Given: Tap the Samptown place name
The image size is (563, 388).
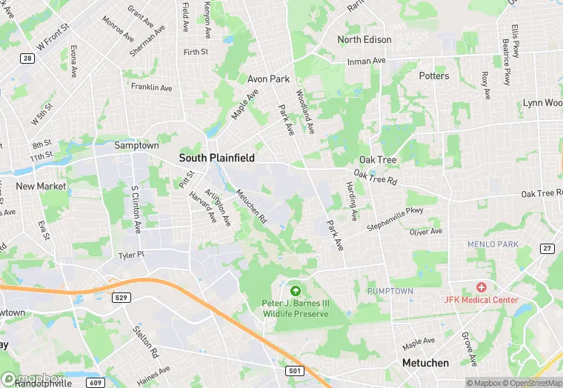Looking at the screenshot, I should tap(136, 146).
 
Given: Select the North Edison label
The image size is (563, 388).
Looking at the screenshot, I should tap(364, 40).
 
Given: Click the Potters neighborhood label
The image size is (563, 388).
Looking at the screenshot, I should tap(433, 76).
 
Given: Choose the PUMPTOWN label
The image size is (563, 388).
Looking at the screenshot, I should tap(390, 291).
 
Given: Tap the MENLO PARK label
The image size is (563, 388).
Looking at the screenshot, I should tap(491, 244).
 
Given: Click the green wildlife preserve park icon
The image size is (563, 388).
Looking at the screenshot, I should tap(296, 290).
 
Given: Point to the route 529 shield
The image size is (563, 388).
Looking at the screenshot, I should tap(122, 297).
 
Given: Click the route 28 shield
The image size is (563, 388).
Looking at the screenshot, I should tap(27, 58).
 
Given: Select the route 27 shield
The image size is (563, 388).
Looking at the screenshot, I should tap(547, 248).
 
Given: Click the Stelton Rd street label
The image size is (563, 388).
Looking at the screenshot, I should tap(144, 338).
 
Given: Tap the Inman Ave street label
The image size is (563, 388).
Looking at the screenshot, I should tap(367, 61).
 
